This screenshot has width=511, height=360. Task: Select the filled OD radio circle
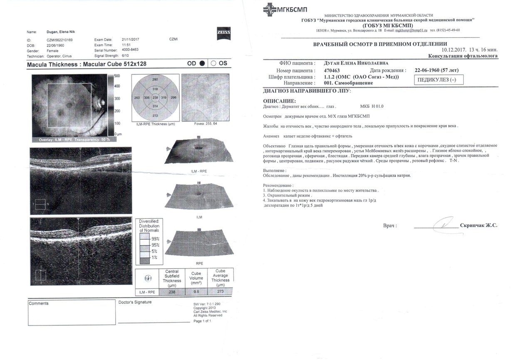click(202, 63)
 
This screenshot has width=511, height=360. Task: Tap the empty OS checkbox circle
click(213, 63)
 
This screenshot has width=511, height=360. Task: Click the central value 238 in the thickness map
click(156, 97)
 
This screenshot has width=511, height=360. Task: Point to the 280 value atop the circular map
click(155, 79)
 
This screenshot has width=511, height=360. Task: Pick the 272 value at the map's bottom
click(155, 115)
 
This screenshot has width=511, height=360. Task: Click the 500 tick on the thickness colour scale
click(117, 76)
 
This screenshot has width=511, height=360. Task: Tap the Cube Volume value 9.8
click(196, 292)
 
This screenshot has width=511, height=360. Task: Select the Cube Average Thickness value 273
click(220, 292)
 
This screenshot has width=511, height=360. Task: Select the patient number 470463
click(332, 71)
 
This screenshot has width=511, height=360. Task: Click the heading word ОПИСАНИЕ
click(280, 101)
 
